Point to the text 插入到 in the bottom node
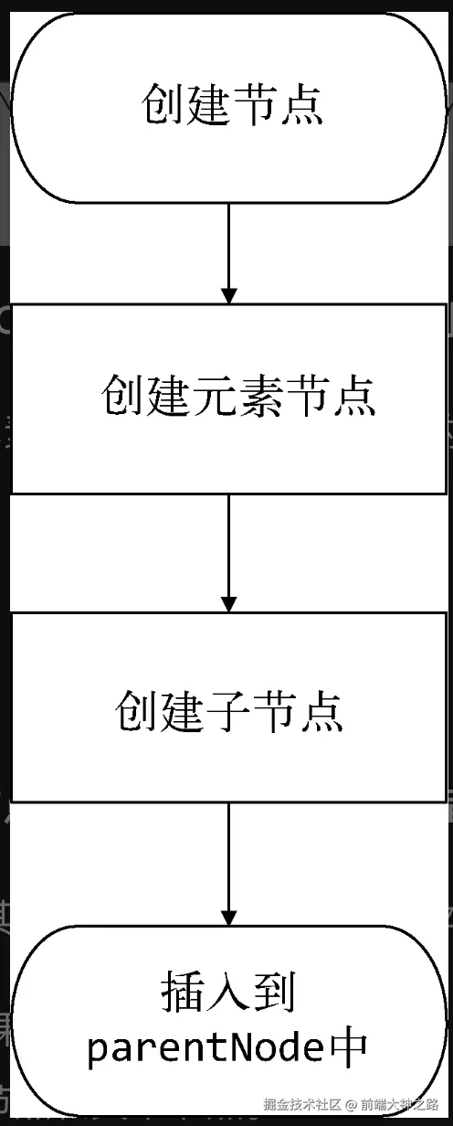[x=228, y=993]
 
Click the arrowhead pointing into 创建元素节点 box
[x=229, y=294]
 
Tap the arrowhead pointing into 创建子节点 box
[x=229, y=603]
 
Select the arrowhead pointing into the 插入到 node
[x=229, y=915]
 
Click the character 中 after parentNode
[x=348, y=1048]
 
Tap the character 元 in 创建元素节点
[x=215, y=398]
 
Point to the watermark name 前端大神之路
[x=399, y=1104]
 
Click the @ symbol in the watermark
[x=350, y=1104]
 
